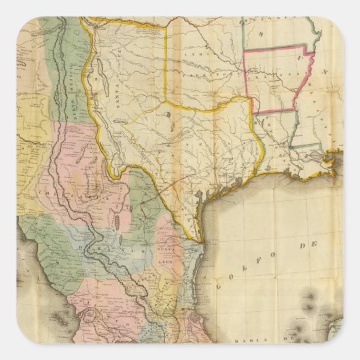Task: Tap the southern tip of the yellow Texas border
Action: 198,241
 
